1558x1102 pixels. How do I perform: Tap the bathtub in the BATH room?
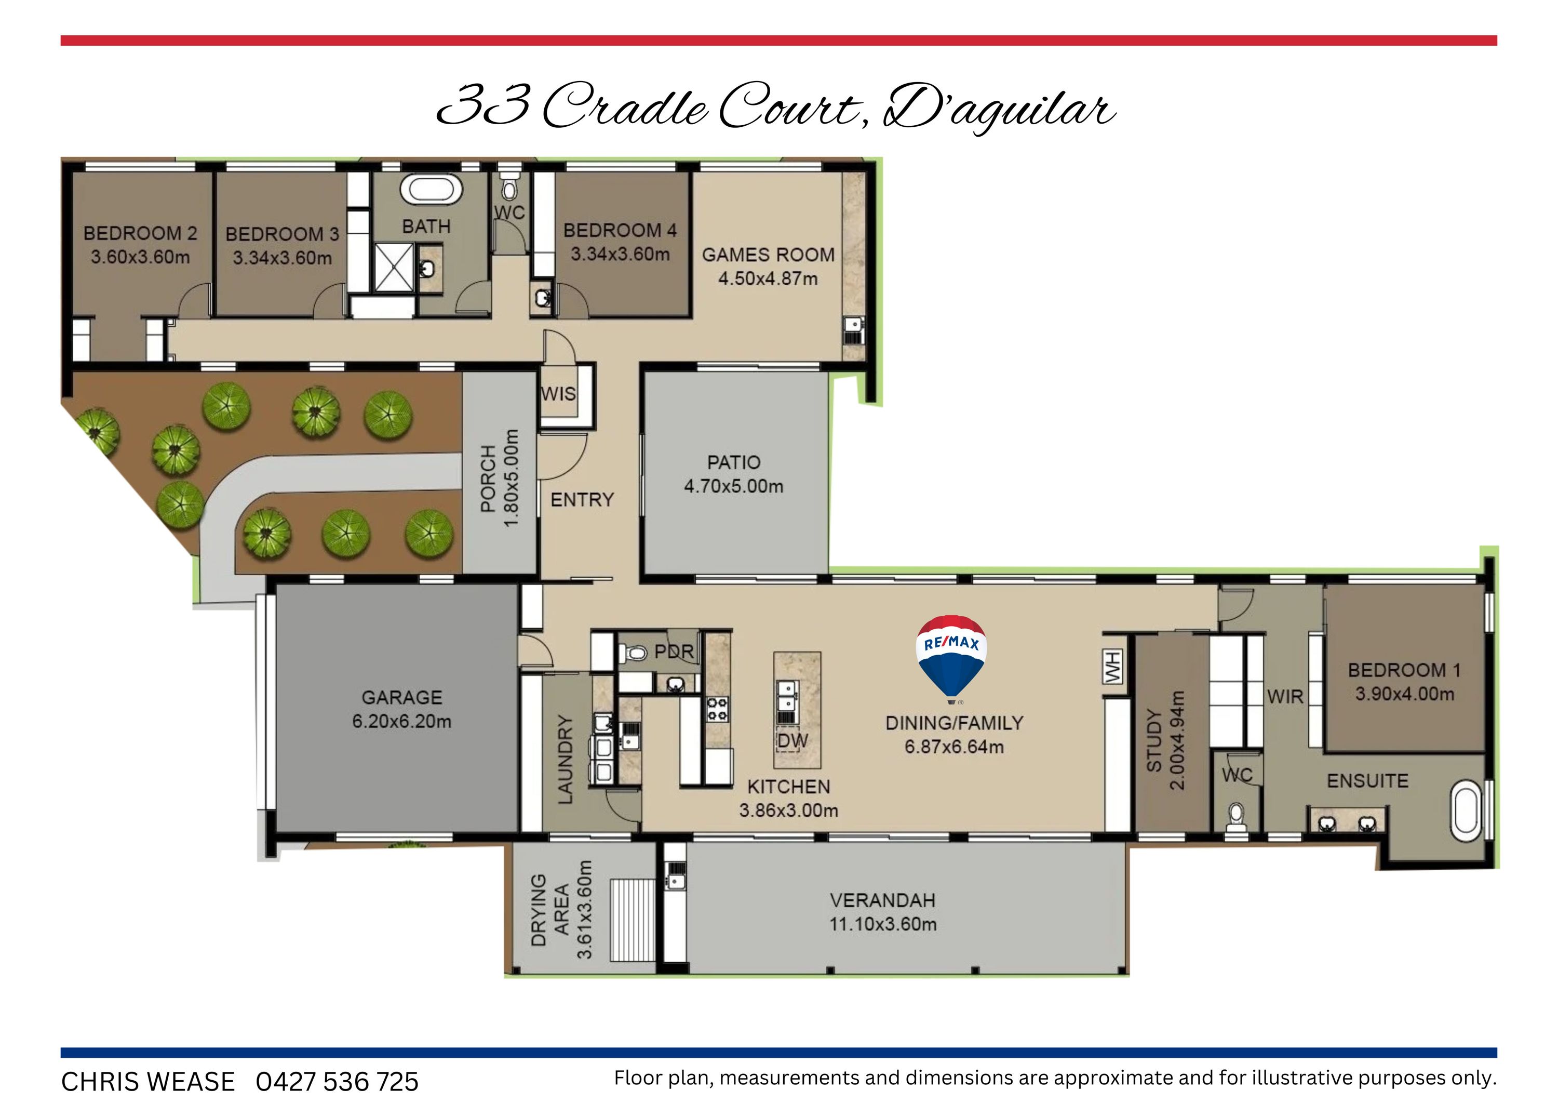(432, 190)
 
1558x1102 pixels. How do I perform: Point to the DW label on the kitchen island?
(793, 741)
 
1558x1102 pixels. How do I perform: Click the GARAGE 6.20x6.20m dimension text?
(402, 721)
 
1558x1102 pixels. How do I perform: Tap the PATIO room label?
(733, 462)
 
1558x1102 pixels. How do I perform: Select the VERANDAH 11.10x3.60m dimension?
(883, 924)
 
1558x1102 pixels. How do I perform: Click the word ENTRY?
(582, 500)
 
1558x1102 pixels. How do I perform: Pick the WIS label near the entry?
(558, 394)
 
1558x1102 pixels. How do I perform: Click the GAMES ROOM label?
(768, 255)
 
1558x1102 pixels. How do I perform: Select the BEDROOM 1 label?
(1404, 670)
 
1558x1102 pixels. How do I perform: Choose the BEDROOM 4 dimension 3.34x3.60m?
(620, 255)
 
